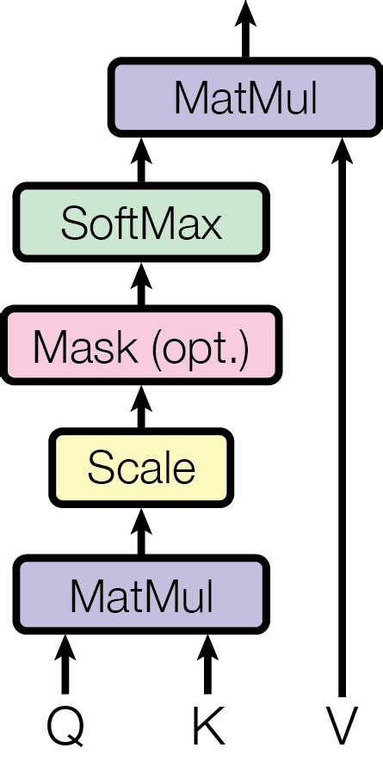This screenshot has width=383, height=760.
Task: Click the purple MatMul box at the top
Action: [245, 99]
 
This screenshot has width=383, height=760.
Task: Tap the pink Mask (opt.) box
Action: [142, 348]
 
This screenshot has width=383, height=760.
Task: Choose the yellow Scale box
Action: [142, 469]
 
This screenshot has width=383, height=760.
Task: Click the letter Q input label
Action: [65, 727]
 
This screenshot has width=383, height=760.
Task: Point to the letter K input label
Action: [208, 727]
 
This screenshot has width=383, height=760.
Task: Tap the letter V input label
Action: [342, 727]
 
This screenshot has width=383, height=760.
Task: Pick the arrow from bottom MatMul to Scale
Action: [142, 531]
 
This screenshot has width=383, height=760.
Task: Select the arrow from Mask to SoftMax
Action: [142, 286]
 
